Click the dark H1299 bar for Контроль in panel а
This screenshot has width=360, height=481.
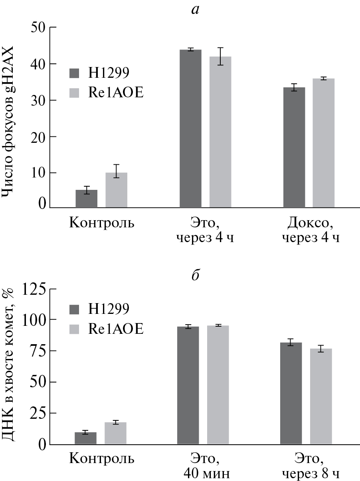point(86,199)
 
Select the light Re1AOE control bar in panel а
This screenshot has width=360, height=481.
point(116,190)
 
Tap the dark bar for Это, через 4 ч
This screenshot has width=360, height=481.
point(190,128)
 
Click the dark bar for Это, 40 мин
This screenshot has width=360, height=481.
point(188,385)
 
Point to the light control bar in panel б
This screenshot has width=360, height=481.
point(115,433)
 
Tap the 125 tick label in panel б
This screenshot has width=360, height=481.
point(34,289)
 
